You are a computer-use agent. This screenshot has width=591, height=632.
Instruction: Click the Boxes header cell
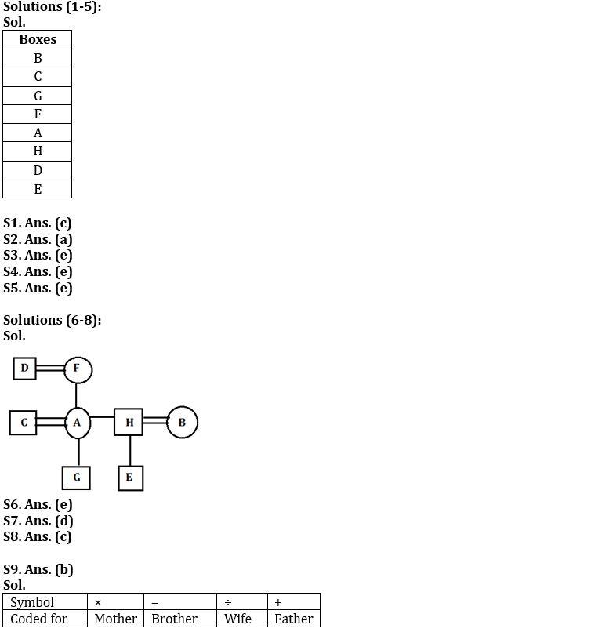pos(37,39)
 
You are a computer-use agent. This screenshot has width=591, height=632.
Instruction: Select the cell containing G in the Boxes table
pos(37,96)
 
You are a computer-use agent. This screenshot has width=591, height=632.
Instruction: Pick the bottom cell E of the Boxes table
pos(37,189)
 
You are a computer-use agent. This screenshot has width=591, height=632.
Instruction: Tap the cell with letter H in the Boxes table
pos(37,151)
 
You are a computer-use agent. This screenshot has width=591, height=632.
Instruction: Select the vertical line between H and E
pos(130,451)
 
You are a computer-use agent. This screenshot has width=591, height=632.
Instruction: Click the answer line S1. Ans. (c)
pos(37,223)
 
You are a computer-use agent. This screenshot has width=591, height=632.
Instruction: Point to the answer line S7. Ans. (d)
pos(38,521)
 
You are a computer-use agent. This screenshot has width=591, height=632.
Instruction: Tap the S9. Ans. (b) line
pos(38,569)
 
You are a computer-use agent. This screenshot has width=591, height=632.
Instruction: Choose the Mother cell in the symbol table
pos(116,619)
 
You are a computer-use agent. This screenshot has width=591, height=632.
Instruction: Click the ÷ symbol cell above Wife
pos(242,601)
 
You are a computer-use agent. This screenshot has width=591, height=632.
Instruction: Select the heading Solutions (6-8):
pos(53,320)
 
